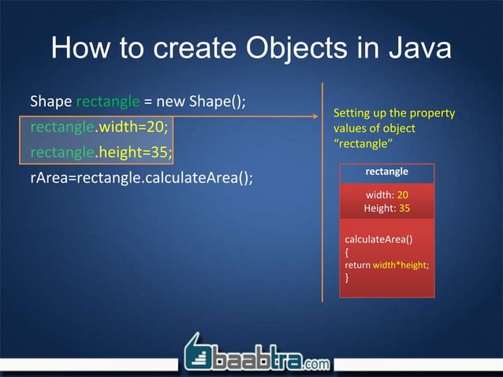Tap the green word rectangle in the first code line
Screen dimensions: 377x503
click(107, 102)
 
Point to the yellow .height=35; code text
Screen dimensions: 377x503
click(135, 150)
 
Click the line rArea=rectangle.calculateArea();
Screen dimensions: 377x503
click(142, 176)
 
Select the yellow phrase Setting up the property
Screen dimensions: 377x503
click(394, 113)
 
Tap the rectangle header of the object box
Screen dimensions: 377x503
click(386, 172)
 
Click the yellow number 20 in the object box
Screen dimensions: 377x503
click(403, 194)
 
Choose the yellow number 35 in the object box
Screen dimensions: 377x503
click(404, 209)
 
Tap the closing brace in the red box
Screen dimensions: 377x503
click(348, 278)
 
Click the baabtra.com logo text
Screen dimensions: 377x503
click(268, 361)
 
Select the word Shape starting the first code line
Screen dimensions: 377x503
click(50, 102)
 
